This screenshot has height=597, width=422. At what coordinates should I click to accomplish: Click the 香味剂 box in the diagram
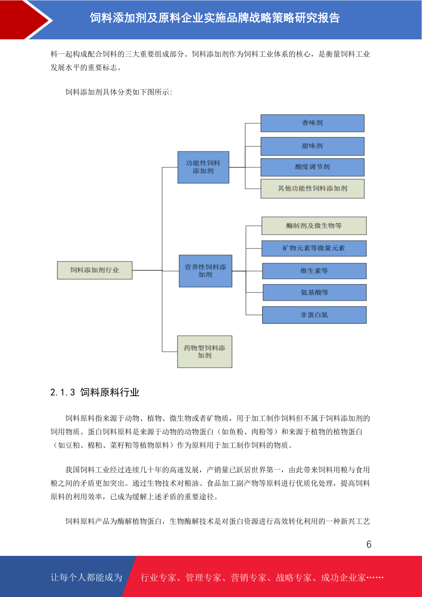tap(312, 123)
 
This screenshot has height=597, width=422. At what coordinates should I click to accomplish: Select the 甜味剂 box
tap(312, 146)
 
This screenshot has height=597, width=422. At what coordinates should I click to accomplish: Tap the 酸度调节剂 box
tap(312, 167)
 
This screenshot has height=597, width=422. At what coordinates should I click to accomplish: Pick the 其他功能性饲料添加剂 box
tap(312, 189)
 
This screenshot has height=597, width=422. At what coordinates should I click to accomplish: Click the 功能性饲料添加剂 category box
tap(203, 167)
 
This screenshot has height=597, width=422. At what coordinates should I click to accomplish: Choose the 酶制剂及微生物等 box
tap(314, 226)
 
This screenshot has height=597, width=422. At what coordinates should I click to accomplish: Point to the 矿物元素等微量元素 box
tap(314, 249)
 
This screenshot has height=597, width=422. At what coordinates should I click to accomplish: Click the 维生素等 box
tap(314, 271)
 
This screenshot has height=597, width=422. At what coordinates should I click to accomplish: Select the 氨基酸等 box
tap(314, 292)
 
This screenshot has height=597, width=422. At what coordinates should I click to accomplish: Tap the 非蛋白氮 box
tap(314, 315)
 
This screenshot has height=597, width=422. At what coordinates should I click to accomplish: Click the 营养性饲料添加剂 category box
tap(206, 271)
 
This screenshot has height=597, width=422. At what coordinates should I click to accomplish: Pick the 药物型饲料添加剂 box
tap(204, 352)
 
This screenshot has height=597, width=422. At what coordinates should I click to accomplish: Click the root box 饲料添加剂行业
tap(95, 270)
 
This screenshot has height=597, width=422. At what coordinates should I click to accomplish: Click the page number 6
tap(369, 544)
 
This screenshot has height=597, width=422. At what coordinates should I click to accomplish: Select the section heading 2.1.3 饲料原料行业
tap(95, 392)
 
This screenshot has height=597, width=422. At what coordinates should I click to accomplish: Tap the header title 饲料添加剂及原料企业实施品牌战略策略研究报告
tap(215, 18)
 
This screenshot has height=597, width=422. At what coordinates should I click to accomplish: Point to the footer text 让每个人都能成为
tap(86, 577)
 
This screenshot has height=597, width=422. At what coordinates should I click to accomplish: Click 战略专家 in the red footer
tap(294, 578)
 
